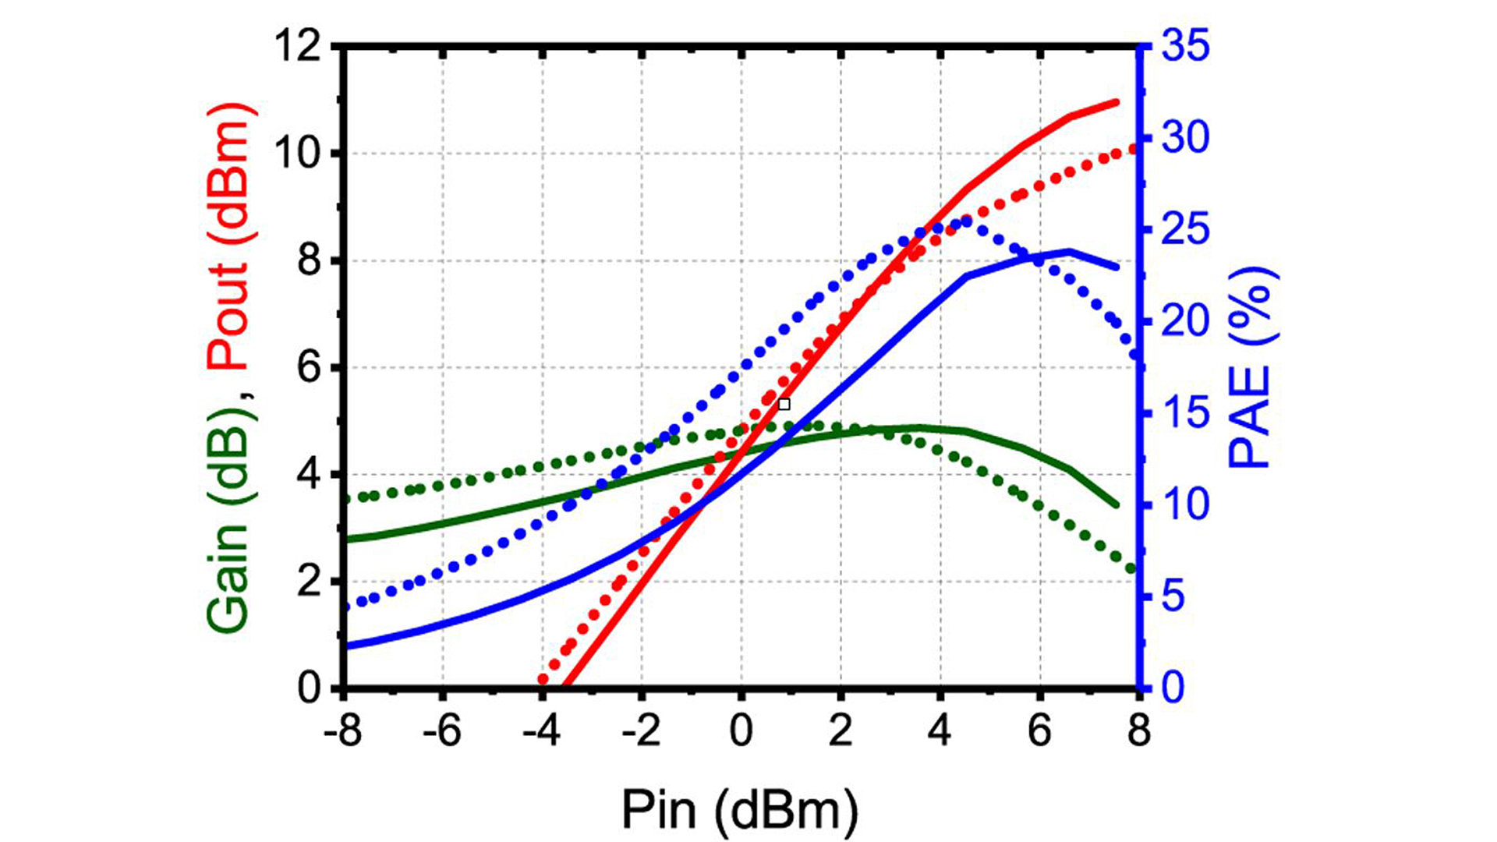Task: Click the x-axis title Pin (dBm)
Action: tap(739, 811)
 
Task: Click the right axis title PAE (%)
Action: tap(1251, 367)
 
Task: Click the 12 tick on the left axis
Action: tap(298, 47)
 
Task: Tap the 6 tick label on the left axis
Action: tap(310, 367)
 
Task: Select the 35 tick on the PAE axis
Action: tap(1186, 45)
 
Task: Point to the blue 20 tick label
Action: tap(1186, 320)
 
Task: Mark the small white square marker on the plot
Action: tap(784, 404)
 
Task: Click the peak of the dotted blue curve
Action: tap(967, 221)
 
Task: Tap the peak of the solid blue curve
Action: tap(1069, 251)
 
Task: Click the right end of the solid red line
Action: tap(1116, 102)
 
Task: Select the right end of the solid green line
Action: tap(1116, 504)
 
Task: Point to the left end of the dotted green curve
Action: tap(348, 499)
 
